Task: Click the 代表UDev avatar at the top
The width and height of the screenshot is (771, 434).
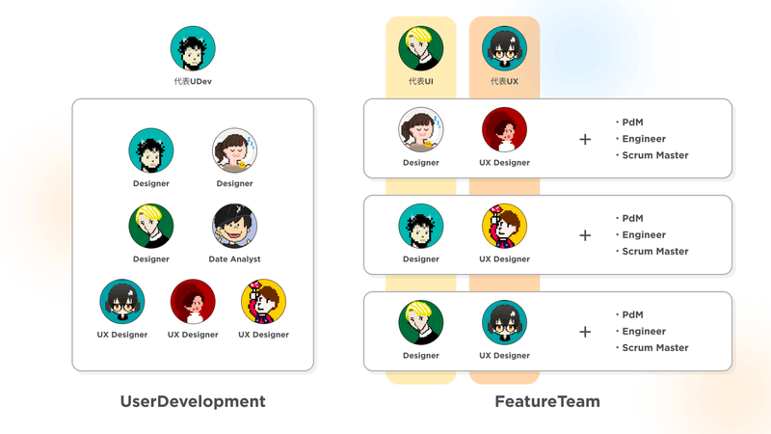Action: (193, 49)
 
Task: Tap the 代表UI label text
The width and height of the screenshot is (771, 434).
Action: (421, 81)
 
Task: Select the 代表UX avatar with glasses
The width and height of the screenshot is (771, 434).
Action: (504, 49)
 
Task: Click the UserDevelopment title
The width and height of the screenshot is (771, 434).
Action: (193, 401)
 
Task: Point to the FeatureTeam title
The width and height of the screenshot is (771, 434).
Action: (547, 401)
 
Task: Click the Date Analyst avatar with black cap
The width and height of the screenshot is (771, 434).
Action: (234, 227)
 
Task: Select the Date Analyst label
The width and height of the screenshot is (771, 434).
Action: (234, 259)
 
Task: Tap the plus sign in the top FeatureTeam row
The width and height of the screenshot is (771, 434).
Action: (585, 139)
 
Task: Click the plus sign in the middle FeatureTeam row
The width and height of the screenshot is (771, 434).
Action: (585, 235)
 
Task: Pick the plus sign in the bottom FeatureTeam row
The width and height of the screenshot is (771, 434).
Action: (585, 332)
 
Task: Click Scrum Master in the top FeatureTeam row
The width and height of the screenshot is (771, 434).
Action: (655, 155)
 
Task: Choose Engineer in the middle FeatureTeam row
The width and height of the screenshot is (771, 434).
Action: (644, 235)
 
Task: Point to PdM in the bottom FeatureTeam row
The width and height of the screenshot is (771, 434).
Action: (632, 315)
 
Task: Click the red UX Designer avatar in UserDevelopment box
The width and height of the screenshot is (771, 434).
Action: (193, 302)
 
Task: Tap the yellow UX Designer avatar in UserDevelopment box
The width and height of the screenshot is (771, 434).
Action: (263, 302)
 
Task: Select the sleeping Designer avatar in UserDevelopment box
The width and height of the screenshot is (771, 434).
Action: (234, 150)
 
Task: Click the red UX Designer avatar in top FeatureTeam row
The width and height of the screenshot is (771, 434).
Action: (504, 130)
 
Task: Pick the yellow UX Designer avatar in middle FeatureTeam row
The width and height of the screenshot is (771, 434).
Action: (504, 227)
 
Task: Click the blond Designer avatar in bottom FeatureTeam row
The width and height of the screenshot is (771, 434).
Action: (421, 322)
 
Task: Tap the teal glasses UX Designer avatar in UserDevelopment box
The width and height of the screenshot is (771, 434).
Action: (122, 302)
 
